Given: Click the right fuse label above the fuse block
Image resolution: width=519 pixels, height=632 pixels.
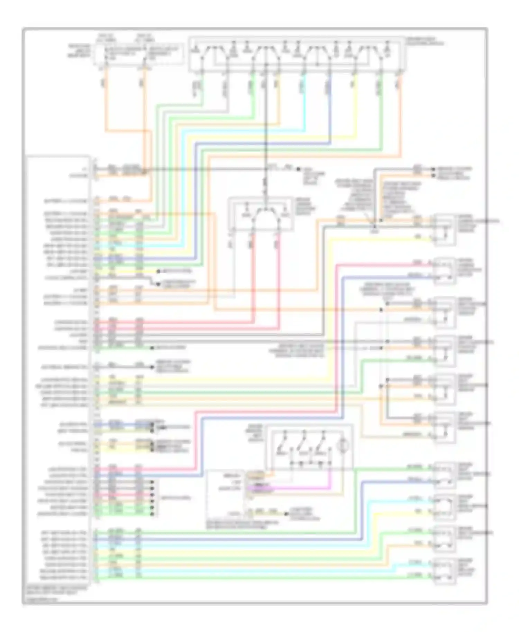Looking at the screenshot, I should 141,38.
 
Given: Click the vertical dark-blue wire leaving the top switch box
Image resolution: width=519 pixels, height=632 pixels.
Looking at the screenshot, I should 330,104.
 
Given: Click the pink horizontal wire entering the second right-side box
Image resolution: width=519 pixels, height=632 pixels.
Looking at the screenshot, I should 381,264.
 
